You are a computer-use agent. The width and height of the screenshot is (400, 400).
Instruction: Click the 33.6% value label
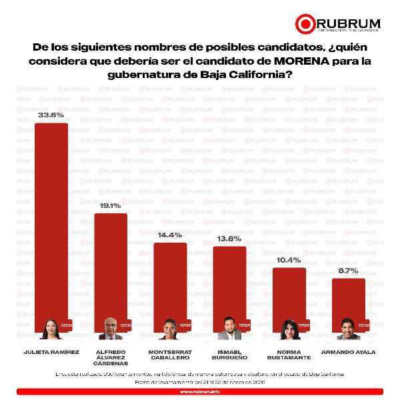point(51,115)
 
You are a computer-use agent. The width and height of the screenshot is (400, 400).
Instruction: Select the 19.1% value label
point(111,206)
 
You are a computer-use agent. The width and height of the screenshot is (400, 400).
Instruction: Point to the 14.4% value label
point(170,235)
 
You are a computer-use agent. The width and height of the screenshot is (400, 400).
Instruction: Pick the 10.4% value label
point(289,260)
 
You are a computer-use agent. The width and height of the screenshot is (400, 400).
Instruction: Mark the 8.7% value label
point(348,271)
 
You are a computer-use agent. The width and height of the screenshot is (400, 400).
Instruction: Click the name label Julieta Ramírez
point(51,351)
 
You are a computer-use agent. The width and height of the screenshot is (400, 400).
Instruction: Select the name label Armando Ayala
point(348,351)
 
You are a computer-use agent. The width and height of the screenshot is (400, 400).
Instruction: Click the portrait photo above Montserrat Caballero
point(170,329)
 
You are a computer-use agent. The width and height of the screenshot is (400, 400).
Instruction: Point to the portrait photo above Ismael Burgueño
point(229,329)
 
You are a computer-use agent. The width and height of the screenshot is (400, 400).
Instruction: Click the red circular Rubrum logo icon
point(305,23)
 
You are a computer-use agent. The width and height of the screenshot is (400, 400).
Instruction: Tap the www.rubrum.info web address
point(200,392)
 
